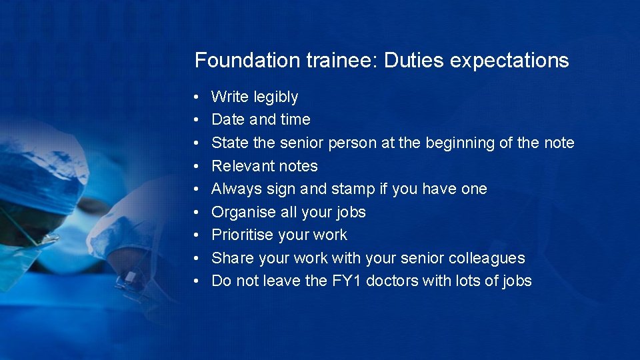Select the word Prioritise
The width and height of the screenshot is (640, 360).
(x=243, y=235)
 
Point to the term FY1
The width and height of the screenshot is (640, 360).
(x=347, y=281)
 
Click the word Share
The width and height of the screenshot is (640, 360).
(x=229, y=258)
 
